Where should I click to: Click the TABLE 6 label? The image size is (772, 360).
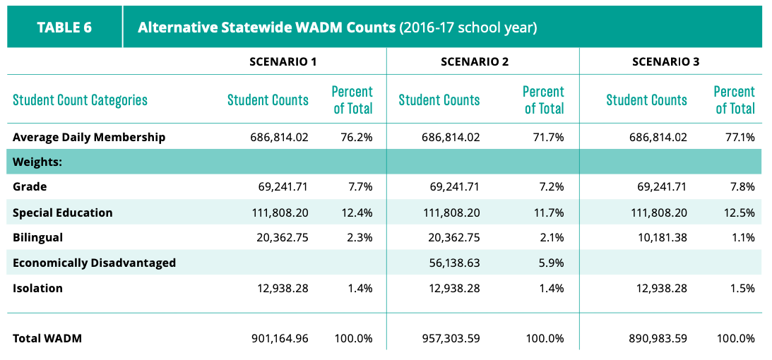click(x=64, y=28)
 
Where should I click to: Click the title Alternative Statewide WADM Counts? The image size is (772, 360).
click(x=266, y=28)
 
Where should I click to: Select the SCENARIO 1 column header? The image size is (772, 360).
click(x=283, y=61)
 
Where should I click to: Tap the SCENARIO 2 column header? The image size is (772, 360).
click(x=475, y=61)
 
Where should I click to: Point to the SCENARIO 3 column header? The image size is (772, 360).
click(x=665, y=61)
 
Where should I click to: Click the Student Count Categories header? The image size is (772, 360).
click(x=81, y=100)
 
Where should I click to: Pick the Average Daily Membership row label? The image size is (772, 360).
click(x=89, y=137)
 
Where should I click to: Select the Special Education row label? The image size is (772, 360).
click(x=63, y=212)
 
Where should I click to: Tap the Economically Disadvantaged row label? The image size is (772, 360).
click(x=94, y=263)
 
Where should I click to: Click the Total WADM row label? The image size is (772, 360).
click(x=47, y=338)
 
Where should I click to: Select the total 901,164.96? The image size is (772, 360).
click(x=277, y=338)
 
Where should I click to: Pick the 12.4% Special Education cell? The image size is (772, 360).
click(x=357, y=212)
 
